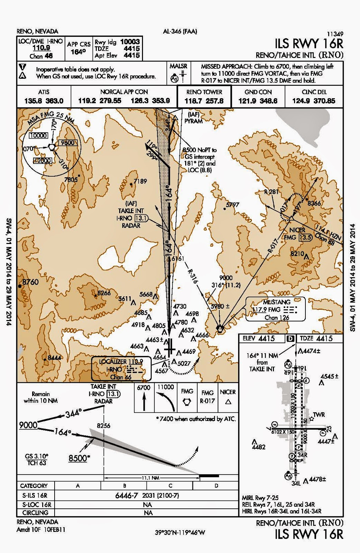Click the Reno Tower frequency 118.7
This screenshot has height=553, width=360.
coord(194,101)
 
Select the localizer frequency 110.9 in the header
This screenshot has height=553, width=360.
coord(41,48)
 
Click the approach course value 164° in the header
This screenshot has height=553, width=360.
coord(78,51)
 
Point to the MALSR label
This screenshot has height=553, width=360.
coord(178,66)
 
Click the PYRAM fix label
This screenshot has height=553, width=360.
coord(193,121)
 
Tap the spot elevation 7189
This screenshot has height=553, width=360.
coord(140,181)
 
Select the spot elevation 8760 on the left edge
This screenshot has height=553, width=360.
coord(30,282)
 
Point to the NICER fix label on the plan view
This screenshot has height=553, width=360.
coord(297,230)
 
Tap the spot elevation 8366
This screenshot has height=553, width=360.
coord(314,203)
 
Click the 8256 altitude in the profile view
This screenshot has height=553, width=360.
coord(103,426)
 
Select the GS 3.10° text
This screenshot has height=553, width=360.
coord(37,456)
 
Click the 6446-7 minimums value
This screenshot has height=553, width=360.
coord(126,496)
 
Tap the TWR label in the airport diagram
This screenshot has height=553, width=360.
coord(319,414)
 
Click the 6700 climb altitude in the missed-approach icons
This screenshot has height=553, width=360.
coord(143,387)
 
